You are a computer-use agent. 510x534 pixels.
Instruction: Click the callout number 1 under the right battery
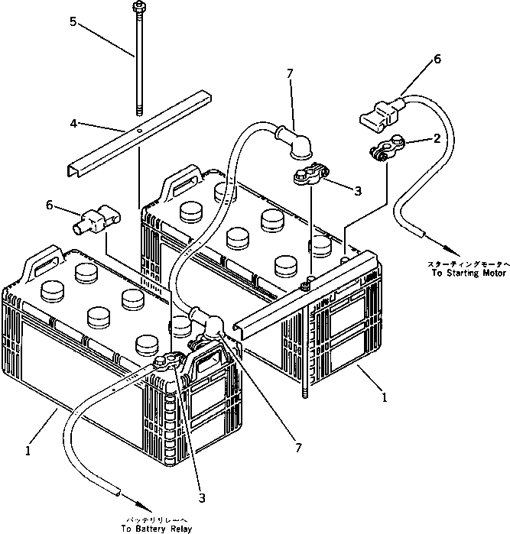pos(385,397)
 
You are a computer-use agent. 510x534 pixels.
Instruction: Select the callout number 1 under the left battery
pos(28,451)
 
